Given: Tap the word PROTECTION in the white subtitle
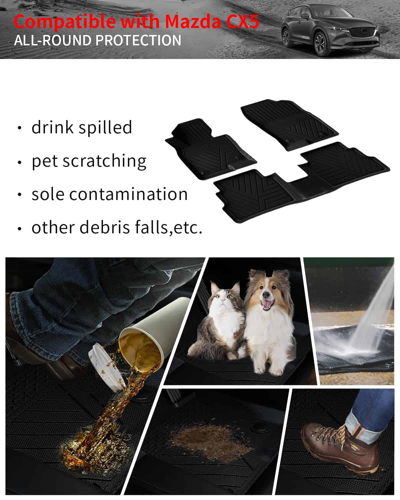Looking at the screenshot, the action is pos(139,40).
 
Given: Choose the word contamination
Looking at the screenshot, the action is pos(128,194).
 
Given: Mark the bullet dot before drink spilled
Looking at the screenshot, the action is pos(20,128).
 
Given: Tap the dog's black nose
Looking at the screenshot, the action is pos(266,295).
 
